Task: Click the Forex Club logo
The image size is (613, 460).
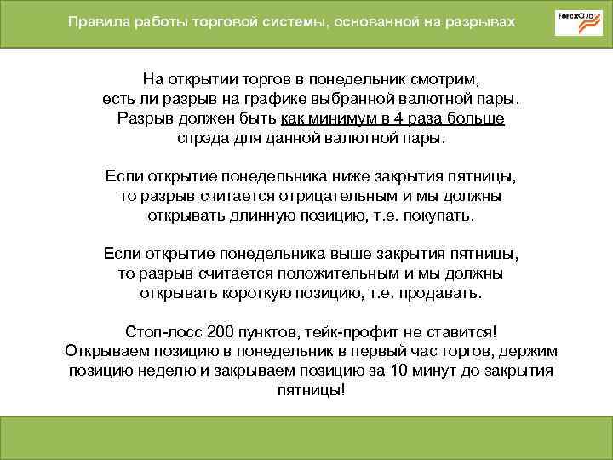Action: click(579, 23)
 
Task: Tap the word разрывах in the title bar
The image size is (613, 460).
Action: click(481, 22)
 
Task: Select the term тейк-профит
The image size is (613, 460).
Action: click(348, 332)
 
